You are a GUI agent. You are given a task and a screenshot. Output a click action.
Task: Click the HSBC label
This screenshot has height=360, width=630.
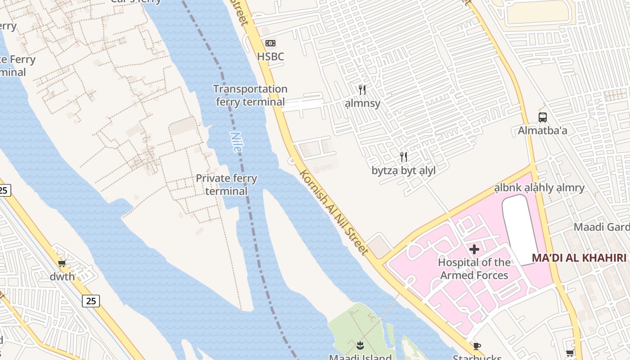click(x=270, y=56)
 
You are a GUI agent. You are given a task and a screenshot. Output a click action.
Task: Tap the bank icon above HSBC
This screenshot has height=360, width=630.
click(x=270, y=43)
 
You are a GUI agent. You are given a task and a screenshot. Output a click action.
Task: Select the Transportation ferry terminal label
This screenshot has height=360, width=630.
click(x=250, y=95)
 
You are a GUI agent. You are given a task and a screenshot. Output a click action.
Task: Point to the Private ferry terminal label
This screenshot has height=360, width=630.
click(x=226, y=184)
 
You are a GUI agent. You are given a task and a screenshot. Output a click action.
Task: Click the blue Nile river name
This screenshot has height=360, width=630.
click(x=236, y=142)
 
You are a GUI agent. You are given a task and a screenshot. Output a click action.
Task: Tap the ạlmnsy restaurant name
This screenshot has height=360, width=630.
click(x=363, y=103)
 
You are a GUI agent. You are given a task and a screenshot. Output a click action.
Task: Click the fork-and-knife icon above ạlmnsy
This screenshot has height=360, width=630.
click(x=362, y=90)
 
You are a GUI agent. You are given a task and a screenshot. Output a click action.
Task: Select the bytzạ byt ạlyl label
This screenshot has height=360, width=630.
click(x=403, y=171)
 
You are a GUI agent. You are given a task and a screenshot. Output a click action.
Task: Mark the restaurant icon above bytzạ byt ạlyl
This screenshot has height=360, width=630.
click(x=404, y=157)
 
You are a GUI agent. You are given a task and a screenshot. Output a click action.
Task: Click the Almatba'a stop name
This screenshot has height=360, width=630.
click(x=542, y=130)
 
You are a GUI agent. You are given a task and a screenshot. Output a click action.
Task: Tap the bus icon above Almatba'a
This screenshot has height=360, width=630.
click(x=543, y=117)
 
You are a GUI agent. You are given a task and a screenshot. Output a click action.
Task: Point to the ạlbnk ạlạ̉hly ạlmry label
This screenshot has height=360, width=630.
click(x=539, y=188)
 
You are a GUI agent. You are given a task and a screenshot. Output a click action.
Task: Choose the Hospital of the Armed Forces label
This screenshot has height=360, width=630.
click(x=474, y=269)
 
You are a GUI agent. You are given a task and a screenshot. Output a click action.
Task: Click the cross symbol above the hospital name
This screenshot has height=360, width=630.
click(x=474, y=249)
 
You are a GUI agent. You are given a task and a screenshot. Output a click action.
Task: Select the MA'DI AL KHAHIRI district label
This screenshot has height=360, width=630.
click(x=579, y=258)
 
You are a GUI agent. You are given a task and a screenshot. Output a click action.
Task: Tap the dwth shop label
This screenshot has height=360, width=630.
click(x=62, y=276)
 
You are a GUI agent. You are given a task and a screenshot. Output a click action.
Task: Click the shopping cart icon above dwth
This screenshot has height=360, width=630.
click(x=62, y=263)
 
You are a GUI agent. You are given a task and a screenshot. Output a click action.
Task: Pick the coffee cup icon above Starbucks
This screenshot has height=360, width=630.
click(x=477, y=346)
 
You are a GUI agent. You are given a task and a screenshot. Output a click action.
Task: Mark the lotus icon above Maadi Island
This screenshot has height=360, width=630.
click(x=360, y=346)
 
